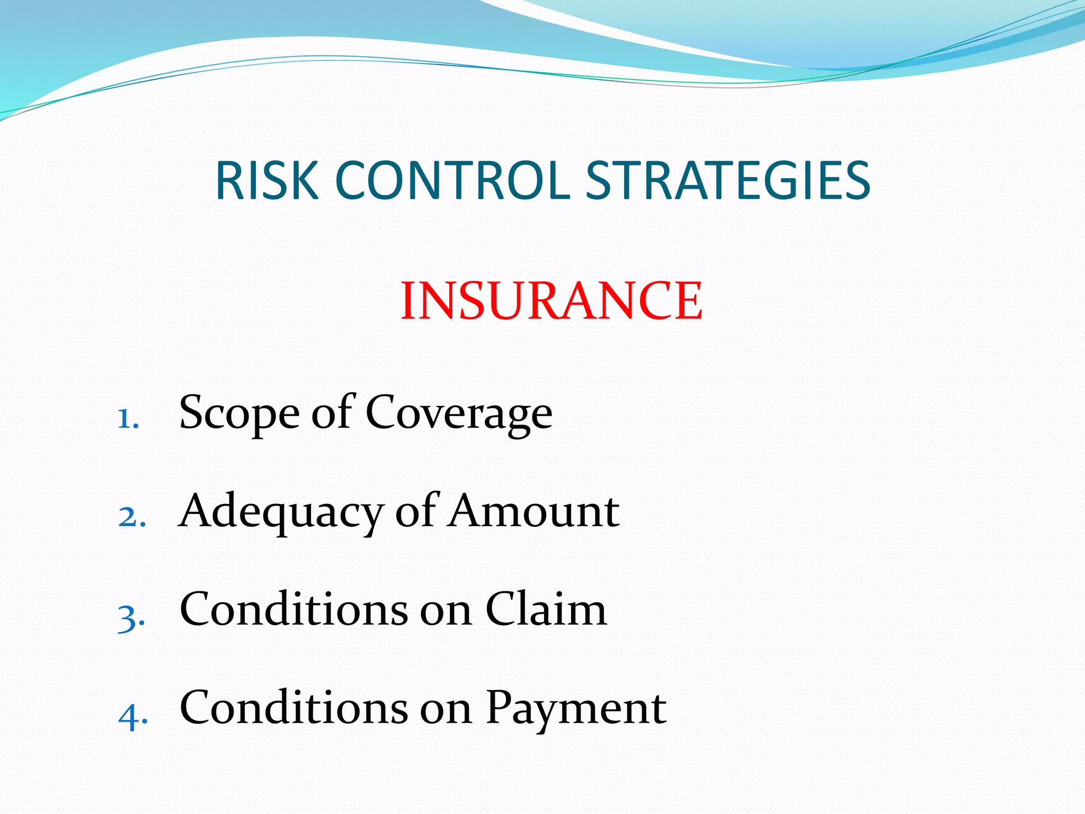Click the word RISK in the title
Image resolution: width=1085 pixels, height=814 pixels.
coord(266,181)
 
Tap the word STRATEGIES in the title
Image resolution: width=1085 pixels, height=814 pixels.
coord(728,181)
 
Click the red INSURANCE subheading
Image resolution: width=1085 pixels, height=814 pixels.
coord(552,301)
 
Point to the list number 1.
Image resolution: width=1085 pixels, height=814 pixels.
coord(127,419)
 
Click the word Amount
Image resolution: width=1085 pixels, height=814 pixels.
coord(533,512)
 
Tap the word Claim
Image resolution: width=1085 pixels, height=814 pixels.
coord(546,609)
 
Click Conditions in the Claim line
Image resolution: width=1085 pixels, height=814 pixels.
coord(294,609)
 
